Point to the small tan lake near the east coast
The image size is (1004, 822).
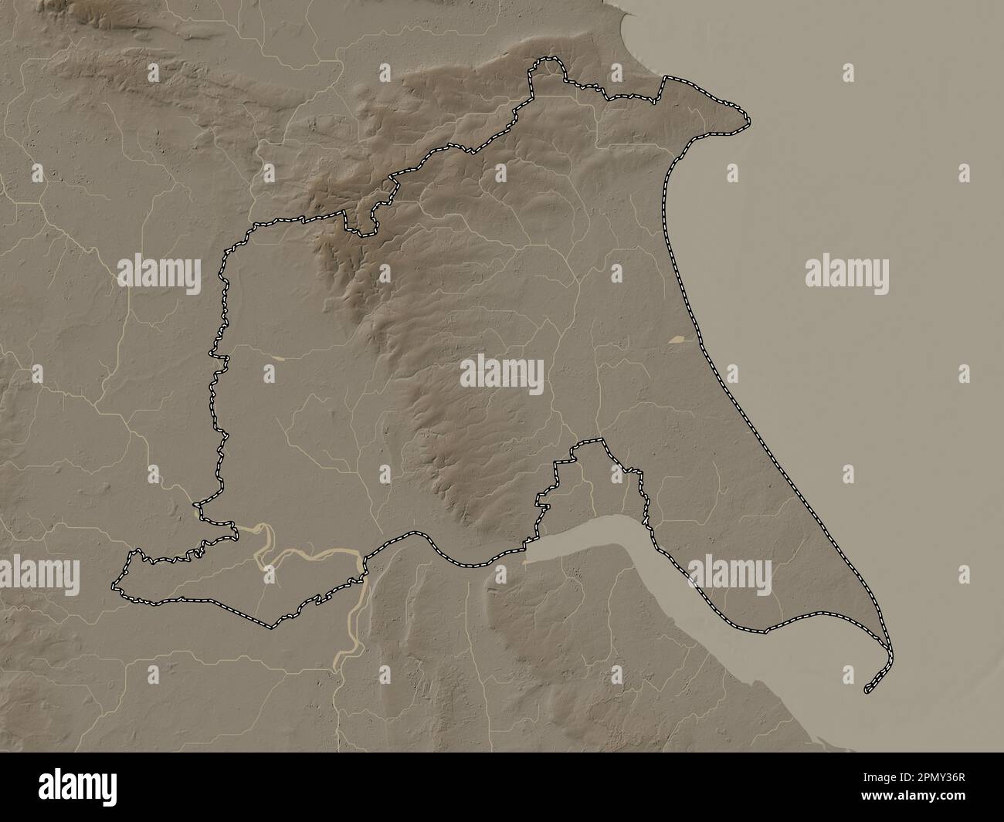tap(679, 338)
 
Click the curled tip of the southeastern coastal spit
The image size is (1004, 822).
tap(870, 685)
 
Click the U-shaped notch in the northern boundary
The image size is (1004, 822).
tap(361, 223)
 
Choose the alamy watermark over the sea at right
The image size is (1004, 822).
tap(846, 274)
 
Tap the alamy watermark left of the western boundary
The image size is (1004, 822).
tap(158, 274)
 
